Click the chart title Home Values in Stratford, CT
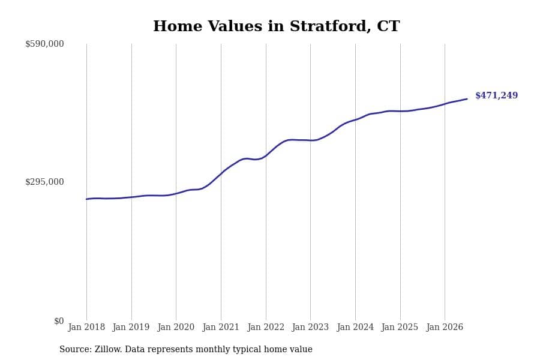tap(276, 26)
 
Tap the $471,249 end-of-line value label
tap(496, 95)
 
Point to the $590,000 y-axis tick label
tap(44, 44)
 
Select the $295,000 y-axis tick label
tap(44, 182)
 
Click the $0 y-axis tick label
tap(59, 321)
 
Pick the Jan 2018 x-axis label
tap(86, 327)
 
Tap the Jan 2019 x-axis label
tap(131, 327)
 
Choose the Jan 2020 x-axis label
tap(176, 327)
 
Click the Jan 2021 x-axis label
tap(221, 327)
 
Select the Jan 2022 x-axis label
tap(266, 327)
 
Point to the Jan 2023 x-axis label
tap(310, 327)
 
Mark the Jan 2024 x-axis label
tap(355, 327)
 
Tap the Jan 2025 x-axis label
tap(400, 327)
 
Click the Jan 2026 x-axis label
tap(445, 327)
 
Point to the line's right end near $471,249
tap(467, 99)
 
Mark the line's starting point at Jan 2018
tap(86, 199)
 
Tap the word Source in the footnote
tap(76, 349)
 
